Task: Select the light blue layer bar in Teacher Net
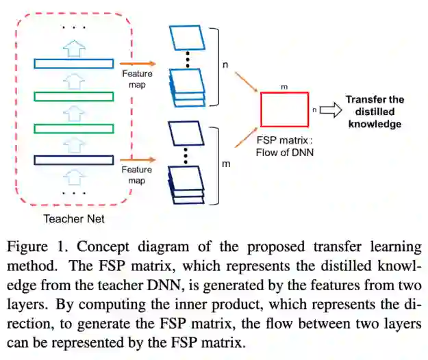pos(73,64)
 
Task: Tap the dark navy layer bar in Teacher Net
pos(73,160)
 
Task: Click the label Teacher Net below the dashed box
pos(73,219)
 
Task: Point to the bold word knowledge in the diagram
pos(375,124)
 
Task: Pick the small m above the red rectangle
pos(284,87)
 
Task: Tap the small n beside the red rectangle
pos(314,108)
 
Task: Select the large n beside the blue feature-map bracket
pos(225,66)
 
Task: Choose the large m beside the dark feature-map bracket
pos(225,164)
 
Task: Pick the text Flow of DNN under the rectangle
pos(284,152)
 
